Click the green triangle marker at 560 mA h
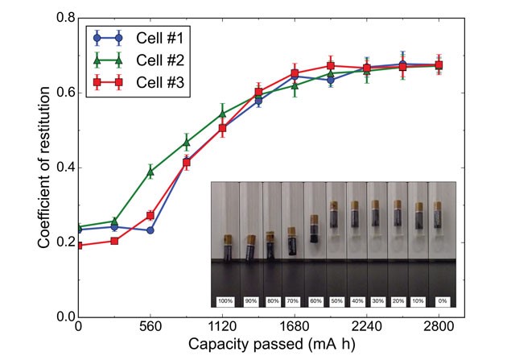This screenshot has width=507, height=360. click(150, 172)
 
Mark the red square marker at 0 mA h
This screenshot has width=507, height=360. click(78, 245)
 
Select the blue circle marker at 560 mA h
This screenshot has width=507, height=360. click(150, 230)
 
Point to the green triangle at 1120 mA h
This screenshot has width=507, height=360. click(222, 114)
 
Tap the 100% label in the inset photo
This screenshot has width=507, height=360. click(226, 300)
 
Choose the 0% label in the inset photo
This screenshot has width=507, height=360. click(441, 300)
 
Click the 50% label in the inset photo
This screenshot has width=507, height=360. click(333, 300)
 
